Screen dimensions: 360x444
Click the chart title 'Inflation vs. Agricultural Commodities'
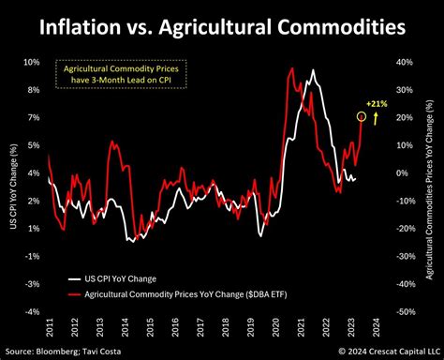point(222,27)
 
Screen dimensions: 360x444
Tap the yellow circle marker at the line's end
point(362,116)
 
